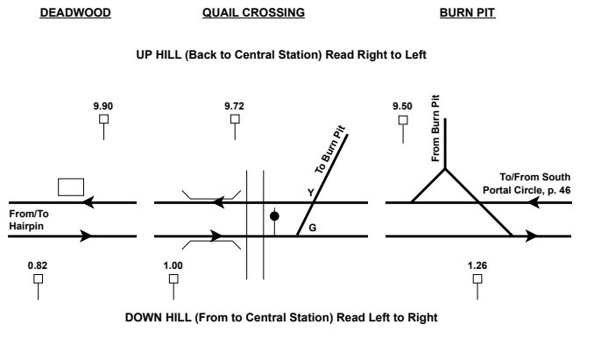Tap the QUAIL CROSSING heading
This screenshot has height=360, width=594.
pyautogui.click(x=253, y=14)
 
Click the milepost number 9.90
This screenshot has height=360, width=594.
pyautogui.click(x=103, y=106)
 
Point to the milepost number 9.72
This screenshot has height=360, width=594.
pyautogui.click(x=234, y=106)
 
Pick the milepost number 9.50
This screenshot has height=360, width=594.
pyautogui.click(x=402, y=106)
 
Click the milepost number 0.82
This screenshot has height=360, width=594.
pyautogui.click(x=37, y=265)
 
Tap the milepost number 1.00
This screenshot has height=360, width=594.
pyautogui.click(x=173, y=265)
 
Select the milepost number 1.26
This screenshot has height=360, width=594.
pyautogui.click(x=477, y=265)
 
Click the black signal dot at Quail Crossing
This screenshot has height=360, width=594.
pyautogui.click(x=274, y=215)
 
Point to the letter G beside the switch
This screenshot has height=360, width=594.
pyautogui.click(x=301, y=227)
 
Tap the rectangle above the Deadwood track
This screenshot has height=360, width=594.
pyautogui.click(x=71, y=187)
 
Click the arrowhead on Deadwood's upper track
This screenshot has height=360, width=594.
pyautogui.click(x=87, y=203)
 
